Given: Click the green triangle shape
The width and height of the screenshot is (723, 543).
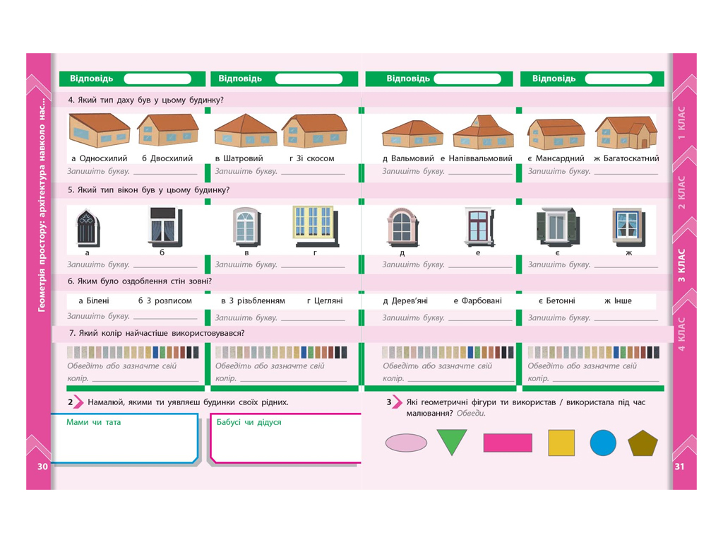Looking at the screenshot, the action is tap(452, 440).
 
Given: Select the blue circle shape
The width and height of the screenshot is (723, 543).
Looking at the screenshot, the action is tap(603, 443).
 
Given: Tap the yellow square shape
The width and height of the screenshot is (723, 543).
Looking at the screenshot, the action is tap(561, 443).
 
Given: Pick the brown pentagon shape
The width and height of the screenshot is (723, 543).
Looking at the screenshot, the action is tap(643, 443).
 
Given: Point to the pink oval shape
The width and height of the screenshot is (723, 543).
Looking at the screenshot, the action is tap(406, 443).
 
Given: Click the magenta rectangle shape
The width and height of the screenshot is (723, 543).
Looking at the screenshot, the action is tap(508, 443).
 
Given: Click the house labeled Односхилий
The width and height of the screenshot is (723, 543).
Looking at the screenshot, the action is tap(99, 131).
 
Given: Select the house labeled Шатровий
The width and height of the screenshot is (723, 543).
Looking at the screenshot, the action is tap(245, 131).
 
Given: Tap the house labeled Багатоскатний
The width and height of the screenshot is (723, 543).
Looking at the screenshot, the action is tap(626, 132).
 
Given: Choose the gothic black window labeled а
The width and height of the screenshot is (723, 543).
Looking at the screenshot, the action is tap(88, 228).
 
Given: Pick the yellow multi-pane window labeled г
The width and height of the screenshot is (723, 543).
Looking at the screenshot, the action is tap(316, 226).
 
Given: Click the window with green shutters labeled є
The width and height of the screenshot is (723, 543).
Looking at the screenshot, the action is tap(556, 226).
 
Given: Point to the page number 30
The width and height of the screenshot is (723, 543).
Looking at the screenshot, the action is tap(42, 467).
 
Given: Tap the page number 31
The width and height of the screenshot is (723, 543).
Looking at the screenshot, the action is tap(680, 467).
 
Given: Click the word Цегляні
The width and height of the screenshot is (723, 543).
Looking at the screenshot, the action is tap(328, 300).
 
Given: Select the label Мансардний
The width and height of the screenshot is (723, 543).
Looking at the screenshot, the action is tap(560, 158).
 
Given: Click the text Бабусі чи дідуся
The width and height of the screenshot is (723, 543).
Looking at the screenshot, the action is tap(249, 422).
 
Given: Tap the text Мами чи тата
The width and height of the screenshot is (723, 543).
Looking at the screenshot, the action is tap(94, 422).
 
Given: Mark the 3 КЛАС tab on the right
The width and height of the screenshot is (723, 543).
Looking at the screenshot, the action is tap(681, 266).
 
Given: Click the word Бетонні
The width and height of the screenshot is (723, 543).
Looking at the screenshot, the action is tap(561, 300).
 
